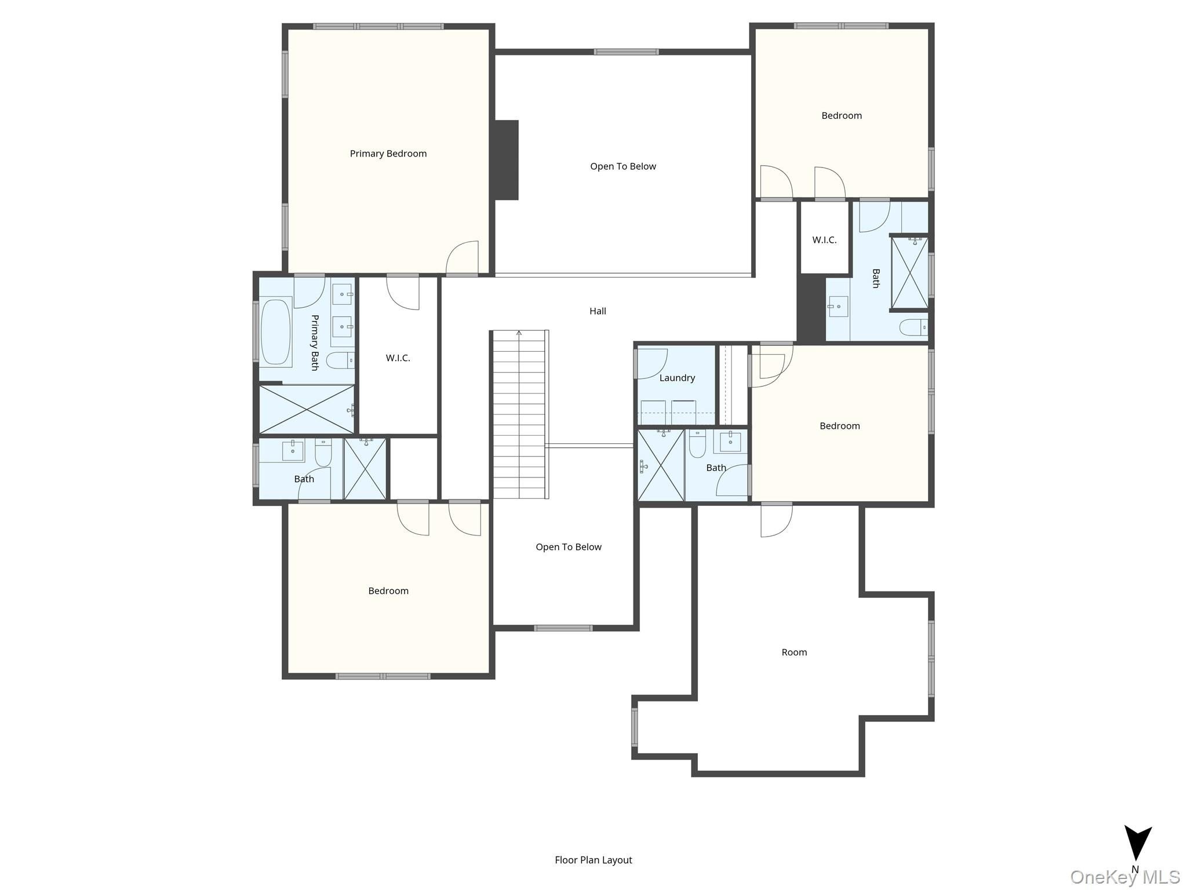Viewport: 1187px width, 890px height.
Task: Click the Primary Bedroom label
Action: point(388,154)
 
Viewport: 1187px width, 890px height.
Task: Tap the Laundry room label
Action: point(677,378)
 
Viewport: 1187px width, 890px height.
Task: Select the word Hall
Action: point(598,311)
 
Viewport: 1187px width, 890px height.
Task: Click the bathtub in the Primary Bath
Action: point(275,332)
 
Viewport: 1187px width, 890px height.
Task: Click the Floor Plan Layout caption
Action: point(593,860)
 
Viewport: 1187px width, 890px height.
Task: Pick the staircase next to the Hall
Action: point(519,414)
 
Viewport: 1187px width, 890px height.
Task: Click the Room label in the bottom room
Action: point(794,652)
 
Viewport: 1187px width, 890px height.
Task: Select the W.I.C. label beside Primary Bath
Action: point(398,358)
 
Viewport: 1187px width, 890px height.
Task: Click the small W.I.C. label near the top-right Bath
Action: point(824,240)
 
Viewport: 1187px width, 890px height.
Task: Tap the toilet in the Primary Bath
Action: point(340,361)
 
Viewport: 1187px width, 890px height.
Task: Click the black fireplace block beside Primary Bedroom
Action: point(505,160)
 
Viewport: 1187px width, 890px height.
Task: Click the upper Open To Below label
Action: point(623,166)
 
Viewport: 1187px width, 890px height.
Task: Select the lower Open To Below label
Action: point(569,547)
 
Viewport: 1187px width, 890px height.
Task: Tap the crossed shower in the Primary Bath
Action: point(306,409)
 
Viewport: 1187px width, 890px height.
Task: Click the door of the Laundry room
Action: point(652,364)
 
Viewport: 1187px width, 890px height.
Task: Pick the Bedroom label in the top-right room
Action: point(842,116)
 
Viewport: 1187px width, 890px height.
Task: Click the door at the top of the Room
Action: point(776,520)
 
